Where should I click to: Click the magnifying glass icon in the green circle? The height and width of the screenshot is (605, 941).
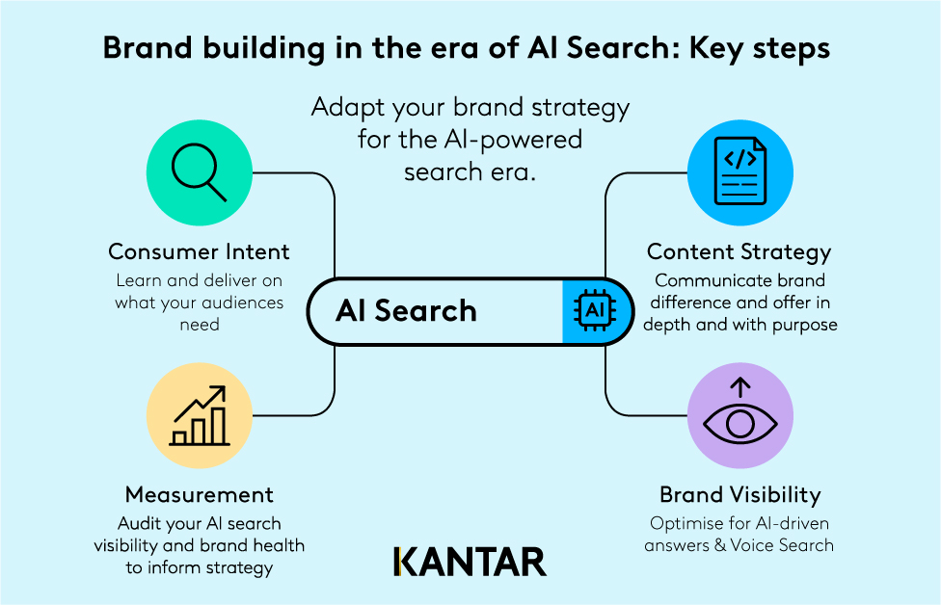(199, 174)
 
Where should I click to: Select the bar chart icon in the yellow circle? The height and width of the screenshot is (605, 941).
(199, 416)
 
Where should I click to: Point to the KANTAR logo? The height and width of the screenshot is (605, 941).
(470, 562)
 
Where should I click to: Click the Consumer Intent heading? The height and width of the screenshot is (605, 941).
(199, 252)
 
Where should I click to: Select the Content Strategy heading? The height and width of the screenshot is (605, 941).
(739, 252)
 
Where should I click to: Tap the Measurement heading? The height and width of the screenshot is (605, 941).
(199, 495)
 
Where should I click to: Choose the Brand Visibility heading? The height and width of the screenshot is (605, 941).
(739, 495)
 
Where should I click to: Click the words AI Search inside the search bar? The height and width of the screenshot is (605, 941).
(406, 310)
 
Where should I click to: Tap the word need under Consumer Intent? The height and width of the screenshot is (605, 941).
(199, 325)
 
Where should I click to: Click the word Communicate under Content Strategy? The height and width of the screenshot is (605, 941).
(703, 280)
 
